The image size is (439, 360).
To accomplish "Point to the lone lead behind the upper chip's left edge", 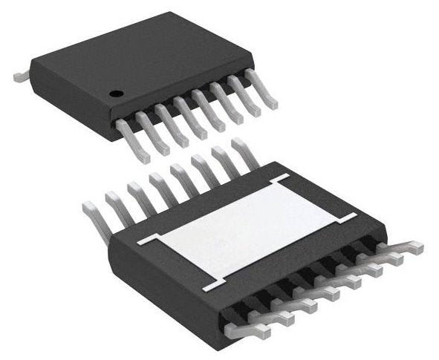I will [22, 76].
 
